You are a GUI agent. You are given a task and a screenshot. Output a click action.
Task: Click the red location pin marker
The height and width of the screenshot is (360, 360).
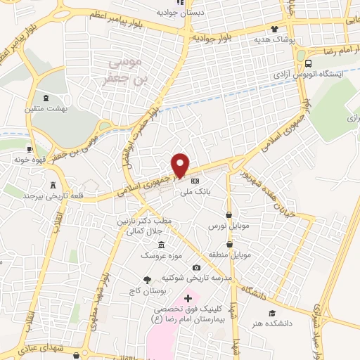tap(181, 164)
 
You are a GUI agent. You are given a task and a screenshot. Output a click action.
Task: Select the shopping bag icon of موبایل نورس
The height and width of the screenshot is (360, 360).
tap(229, 215)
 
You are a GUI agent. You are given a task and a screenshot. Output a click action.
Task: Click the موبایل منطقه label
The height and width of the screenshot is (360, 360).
tap(226, 254)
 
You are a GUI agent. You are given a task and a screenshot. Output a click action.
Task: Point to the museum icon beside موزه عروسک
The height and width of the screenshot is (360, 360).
tap(162, 244)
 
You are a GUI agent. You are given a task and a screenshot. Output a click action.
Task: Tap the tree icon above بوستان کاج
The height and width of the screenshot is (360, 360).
tap(147, 280)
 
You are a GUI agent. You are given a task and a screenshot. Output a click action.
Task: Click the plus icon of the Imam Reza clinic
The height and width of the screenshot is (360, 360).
tap(188, 299)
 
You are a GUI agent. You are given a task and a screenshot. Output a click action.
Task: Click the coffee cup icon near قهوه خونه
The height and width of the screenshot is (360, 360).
tap(30, 149)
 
